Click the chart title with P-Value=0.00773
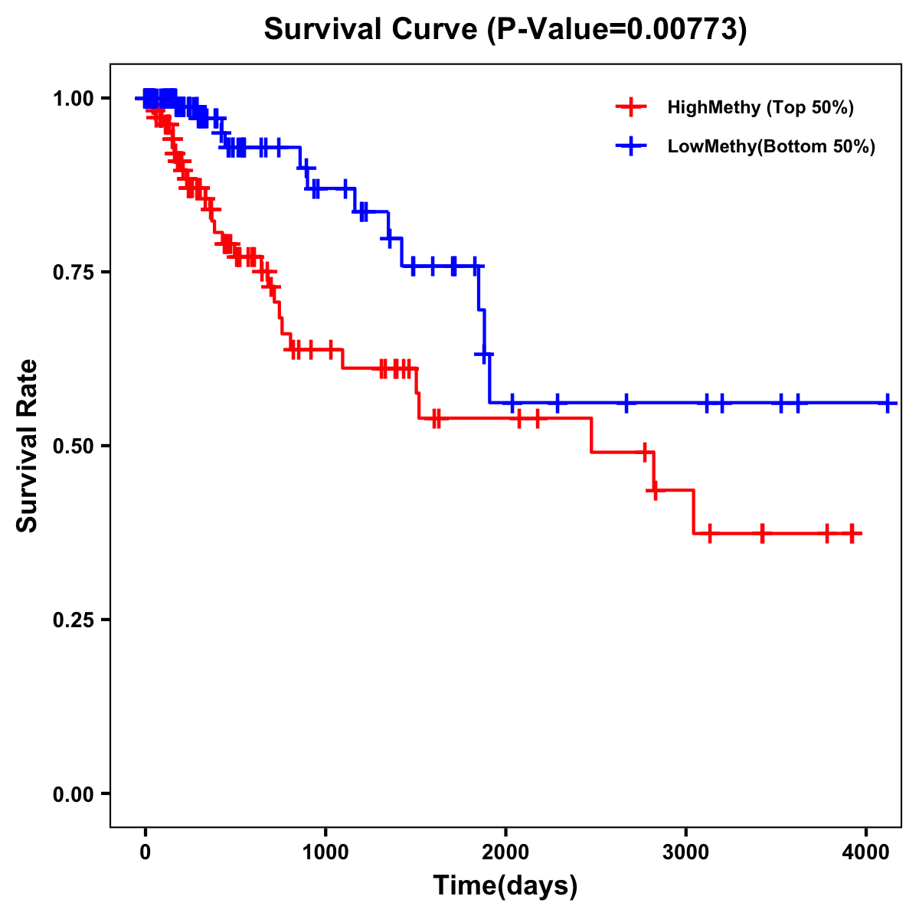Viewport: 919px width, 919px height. click(x=505, y=29)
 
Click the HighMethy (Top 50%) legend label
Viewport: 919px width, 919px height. click(x=760, y=107)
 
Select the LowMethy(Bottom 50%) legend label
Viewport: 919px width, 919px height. click(x=770, y=147)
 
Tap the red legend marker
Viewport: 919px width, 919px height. click(x=630, y=107)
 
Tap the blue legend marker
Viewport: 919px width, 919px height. click(x=630, y=147)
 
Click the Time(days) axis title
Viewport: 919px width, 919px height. click(x=505, y=886)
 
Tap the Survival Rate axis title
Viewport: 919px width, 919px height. click(x=28, y=446)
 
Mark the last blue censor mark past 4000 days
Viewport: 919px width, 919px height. click(x=888, y=403)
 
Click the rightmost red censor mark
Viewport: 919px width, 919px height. click(x=852, y=533)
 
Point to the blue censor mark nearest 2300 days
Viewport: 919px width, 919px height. click(x=558, y=403)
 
